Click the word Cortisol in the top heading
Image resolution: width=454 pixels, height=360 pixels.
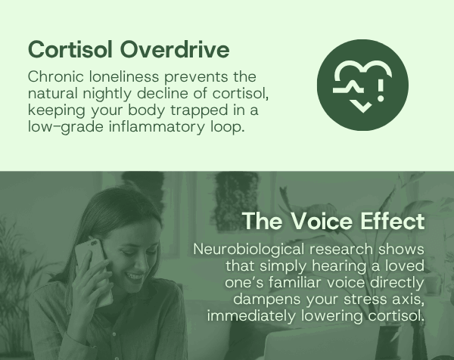70,49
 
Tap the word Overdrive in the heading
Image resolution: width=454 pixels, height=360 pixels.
175,49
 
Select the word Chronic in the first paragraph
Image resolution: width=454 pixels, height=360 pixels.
56,76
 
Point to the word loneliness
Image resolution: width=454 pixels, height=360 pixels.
124,76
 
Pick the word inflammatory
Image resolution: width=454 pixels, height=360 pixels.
157,127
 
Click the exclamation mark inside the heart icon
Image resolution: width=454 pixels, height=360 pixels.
381,90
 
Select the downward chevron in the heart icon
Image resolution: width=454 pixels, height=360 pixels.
362,107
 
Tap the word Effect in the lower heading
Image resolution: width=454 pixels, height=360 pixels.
392,222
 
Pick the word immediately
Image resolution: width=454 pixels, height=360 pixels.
251,315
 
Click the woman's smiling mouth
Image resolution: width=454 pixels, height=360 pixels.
135,276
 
